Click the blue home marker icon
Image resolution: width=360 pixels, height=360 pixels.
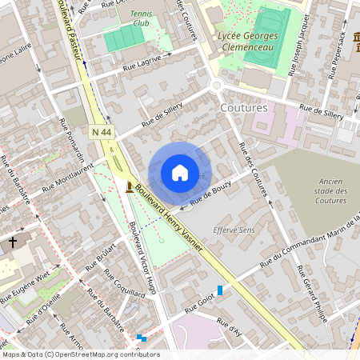[180, 172]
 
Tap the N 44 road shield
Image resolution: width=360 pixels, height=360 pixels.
[102, 131]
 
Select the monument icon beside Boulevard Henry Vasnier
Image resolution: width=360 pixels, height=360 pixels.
[130, 187]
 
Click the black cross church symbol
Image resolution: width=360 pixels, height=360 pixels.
[13, 242]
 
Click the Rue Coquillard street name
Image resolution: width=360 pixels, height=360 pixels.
[123, 283]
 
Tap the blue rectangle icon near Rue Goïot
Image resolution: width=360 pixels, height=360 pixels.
[220, 290]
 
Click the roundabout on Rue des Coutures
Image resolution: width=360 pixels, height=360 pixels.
[216, 86]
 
